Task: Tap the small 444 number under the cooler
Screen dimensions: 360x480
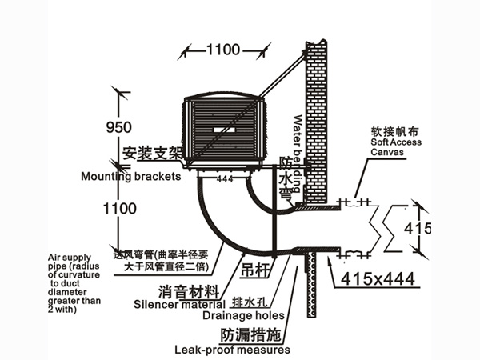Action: pyautogui.click(x=226, y=179)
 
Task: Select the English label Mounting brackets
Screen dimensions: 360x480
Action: pyautogui.click(x=131, y=177)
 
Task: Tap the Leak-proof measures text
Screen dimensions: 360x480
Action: pyautogui.click(x=232, y=350)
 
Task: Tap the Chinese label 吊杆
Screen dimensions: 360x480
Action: pyautogui.click(x=256, y=272)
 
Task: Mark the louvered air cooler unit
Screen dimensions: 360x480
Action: pyautogui.click(x=226, y=132)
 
